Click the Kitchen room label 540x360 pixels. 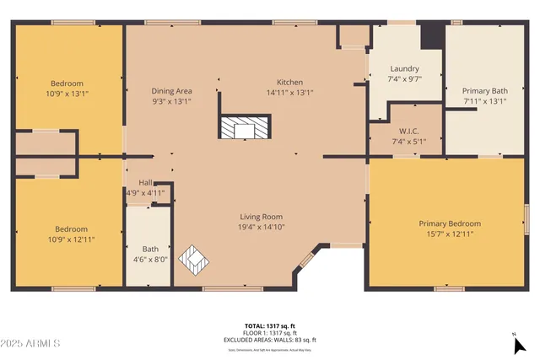click(x=289, y=82)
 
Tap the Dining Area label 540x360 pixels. click(x=171, y=90)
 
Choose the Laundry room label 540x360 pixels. click(x=405, y=68)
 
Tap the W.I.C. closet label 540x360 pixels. click(x=405, y=131)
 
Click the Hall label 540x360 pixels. click(x=145, y=182)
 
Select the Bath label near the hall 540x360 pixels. click(x=149, y=249)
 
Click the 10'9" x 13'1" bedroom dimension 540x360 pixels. click(x=67, y=94)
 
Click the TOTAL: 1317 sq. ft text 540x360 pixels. click(x=270, y=325)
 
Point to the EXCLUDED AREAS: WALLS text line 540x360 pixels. click(x=270, y=339)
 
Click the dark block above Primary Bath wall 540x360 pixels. click(x=432, y=35)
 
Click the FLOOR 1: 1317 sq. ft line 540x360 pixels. click(x=270, y=332)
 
